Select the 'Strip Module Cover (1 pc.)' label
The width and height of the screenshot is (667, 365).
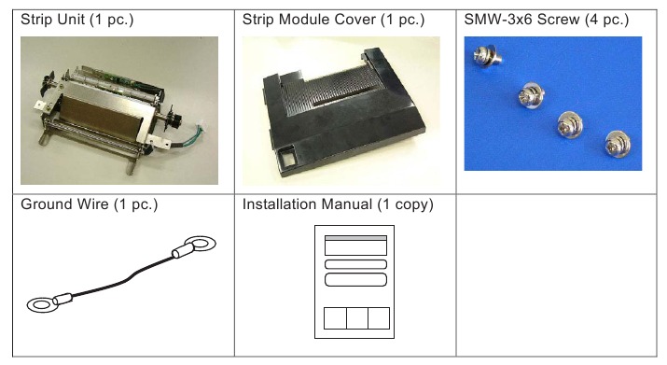point(320,20)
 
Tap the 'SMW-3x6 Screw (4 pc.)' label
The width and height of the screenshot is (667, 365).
point(546,20)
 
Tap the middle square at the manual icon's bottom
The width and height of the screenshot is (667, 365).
point(355,318)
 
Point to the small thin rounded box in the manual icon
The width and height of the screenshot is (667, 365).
point(354,264)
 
